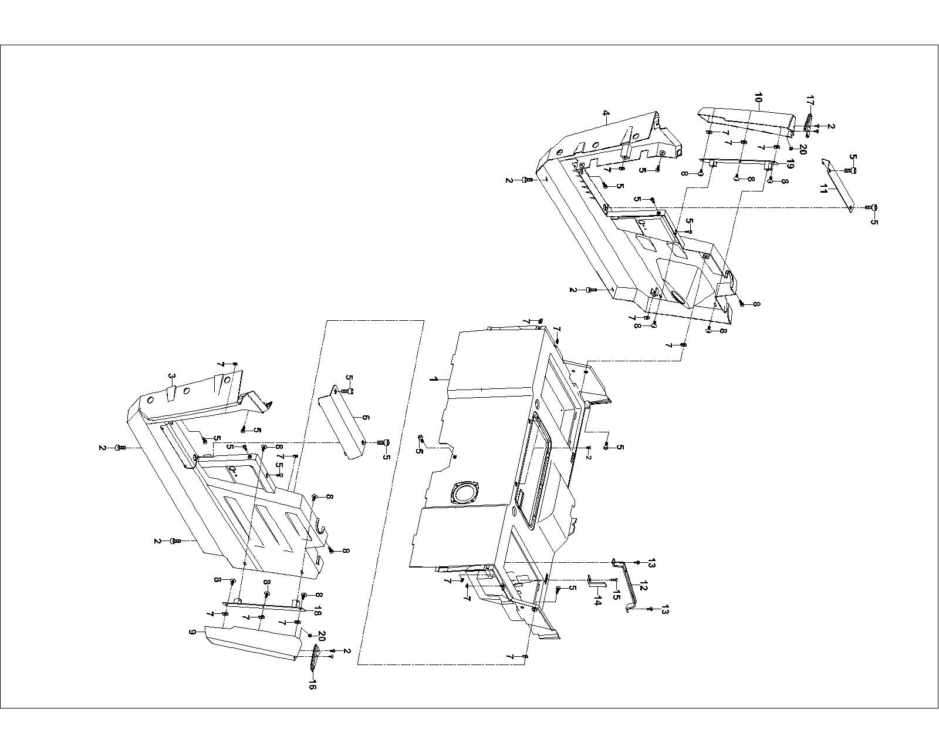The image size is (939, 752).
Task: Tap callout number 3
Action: (171, 376)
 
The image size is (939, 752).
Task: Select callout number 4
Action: (606, 113)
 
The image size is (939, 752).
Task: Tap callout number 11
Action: (824, 189)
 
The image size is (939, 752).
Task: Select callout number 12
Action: (643, 586)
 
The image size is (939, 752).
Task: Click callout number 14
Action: (597, 602)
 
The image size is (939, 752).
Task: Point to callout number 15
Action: (616, 596)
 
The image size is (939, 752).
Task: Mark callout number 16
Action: (312, 684)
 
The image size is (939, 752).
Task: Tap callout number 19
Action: (790, 165)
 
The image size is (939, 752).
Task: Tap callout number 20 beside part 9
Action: (321, 636)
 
